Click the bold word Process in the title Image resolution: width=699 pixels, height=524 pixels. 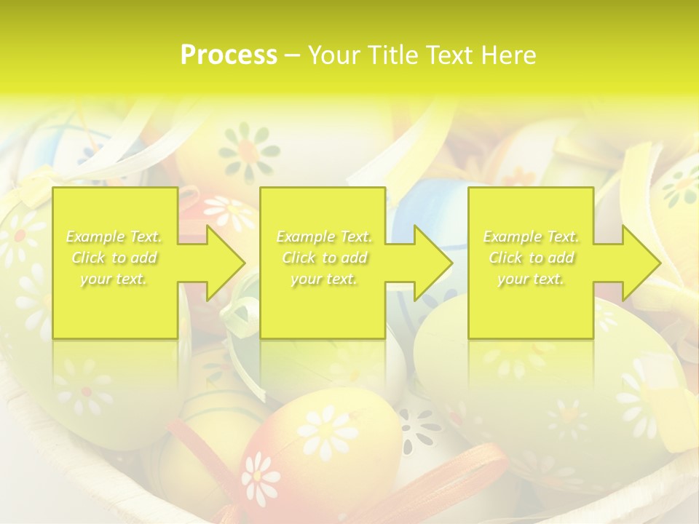click(x=229, y=55)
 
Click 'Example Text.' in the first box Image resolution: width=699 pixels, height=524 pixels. click(x=114, y=237)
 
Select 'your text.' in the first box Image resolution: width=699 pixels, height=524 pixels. click(x=114, y=279)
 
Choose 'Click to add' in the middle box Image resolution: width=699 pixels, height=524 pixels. click(x=324, y=258)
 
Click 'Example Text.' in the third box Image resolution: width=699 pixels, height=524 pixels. click(x=531, y=237)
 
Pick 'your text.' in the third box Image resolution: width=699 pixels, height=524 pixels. click(x=531, y=279)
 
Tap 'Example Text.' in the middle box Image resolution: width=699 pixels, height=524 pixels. click(x=324, y=237)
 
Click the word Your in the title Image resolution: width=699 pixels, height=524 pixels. click(x=333, y=55)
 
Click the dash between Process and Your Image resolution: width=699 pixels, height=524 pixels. click(x=293, y=55)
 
